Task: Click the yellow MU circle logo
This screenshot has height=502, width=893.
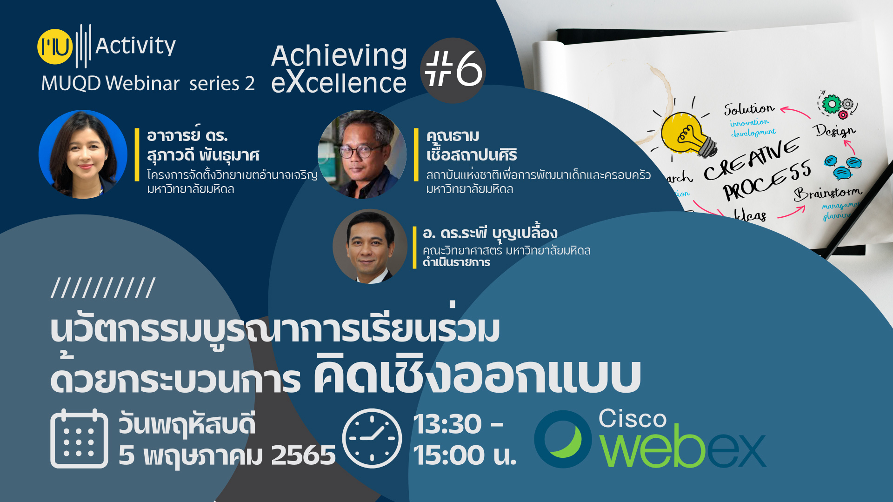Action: pos(55,47)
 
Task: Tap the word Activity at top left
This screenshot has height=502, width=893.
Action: pos(135,46)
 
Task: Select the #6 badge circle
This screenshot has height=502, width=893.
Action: pos(453,70)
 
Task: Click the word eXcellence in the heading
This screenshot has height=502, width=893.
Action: pos(339,82)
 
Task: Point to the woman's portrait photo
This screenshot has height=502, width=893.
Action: pos(83,154)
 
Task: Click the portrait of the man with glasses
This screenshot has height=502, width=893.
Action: pos(362,154)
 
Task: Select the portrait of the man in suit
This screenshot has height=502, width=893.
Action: pos(370,246)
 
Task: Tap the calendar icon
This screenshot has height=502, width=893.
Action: pos(79,439)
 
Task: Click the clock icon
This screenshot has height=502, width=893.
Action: pos(372,438)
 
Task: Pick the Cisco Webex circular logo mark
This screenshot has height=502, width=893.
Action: pos(563,439)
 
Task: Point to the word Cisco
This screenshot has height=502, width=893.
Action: pos(633,418)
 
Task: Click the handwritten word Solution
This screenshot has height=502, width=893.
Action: pos(749,108)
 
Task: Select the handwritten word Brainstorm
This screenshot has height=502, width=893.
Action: pos(827,192)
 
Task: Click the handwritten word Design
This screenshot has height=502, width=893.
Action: pos(835,130)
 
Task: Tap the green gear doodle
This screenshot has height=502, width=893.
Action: pos(832,104)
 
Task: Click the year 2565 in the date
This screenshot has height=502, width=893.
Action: pos(303,455)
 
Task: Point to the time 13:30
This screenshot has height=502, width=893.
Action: pos(447,424)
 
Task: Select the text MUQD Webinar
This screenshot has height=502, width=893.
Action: pos(110,84)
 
